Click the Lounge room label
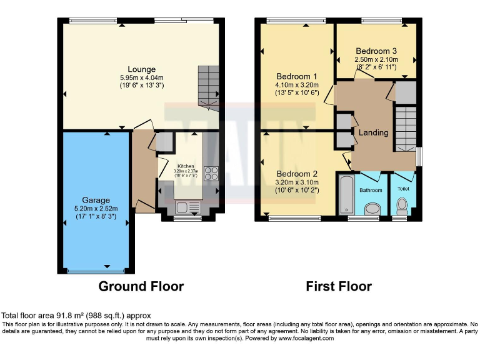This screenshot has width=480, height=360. (141, 69)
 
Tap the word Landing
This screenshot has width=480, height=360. (373, 132)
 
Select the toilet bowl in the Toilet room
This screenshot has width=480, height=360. (402, 205)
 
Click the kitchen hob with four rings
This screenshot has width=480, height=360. (211, 173)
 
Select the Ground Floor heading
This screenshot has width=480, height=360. (141, 287)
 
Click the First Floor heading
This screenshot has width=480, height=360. (338, 287)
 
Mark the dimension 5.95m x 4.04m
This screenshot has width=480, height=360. (141, 77)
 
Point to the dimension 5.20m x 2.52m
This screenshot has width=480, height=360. (96, 209)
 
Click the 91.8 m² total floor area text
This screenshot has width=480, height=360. (76, 316)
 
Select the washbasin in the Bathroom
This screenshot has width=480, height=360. (372, 208)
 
